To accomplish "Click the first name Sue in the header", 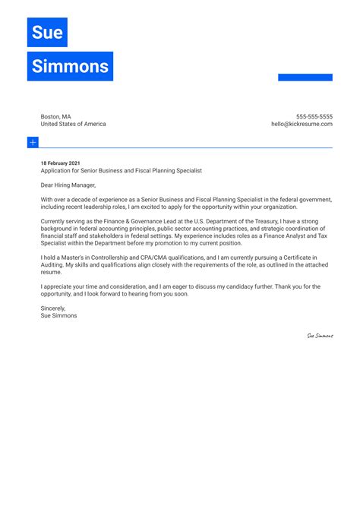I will click(x=47, y=33).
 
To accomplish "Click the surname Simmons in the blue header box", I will click(x=70, y=66).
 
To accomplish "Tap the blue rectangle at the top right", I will click(x=305, y=77).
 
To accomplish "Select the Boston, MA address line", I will click(x=56, y=116).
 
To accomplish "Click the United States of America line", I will click(x=74, y=124).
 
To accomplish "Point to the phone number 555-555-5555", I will click(x=314, y=116).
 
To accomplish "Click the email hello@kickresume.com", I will click(x=302, y=124).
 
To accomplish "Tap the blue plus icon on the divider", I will click(x=33, y=142).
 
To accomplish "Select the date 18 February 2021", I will click(x=60, y=163).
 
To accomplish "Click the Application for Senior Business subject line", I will click(x=122, y=171).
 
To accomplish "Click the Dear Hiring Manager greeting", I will click(x=68, y=185).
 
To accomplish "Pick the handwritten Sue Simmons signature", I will click(x=320, y=336).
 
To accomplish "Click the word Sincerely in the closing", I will click(x=53, y=308).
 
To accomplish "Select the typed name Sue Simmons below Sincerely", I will click(x=58, y=315).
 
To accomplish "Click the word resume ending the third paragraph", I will click(x=51, y=271).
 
